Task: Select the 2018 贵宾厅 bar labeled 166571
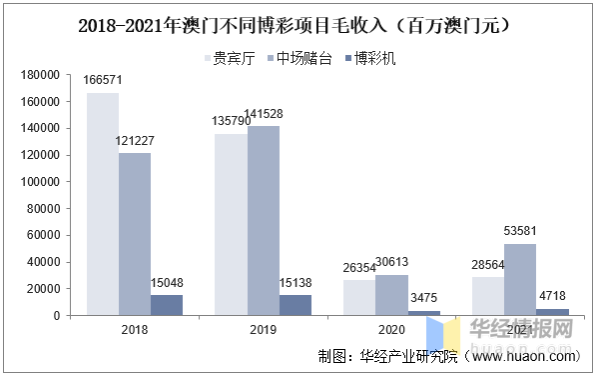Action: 103,204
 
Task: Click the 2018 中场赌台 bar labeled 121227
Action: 135,234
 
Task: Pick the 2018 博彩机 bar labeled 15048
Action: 167,305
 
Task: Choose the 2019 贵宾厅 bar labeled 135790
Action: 232,225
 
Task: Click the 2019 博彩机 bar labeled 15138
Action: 296,305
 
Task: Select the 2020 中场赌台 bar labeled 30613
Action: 392,295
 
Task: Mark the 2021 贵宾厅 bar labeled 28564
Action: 488,296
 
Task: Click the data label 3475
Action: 424,299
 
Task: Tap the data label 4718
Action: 553,297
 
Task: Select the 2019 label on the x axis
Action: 264,329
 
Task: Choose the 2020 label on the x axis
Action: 392,329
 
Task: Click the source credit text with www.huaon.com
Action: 448,356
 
